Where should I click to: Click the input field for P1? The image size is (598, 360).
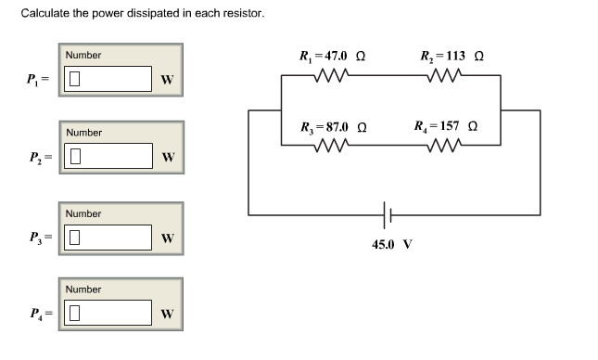pos(107,78)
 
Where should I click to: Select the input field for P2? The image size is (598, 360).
pos(107,156)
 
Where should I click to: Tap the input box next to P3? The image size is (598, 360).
pos(107,237)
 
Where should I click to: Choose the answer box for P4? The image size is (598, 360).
pos(107,312)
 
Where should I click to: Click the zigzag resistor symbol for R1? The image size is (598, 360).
pos(331,77)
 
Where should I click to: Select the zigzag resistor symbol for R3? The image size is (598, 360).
pos(331,145)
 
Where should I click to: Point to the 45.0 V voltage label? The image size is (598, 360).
pos(391,245)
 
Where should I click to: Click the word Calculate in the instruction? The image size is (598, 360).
pos(45,14)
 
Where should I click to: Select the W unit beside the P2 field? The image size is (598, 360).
pos(167,157)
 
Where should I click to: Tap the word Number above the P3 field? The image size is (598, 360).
pos(83,213)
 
